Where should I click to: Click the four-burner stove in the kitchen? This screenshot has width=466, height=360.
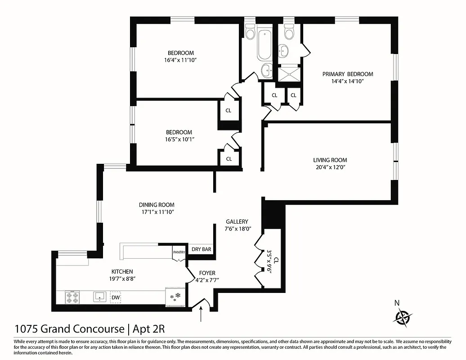[72, 297]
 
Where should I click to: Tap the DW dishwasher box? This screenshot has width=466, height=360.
[116, 297]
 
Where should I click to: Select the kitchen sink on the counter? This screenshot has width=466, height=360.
[99, 297]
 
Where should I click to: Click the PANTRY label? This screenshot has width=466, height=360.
[179, 252]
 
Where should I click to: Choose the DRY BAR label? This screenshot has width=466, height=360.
[201, 249]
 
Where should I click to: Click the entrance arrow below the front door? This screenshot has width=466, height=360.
[201, 314]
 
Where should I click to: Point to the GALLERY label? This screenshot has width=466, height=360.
[237, 221]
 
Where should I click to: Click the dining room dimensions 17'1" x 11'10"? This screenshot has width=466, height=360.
[156, 212]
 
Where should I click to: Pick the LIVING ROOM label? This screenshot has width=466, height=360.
[330, 160]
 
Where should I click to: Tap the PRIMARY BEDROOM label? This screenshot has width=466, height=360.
[347, 74]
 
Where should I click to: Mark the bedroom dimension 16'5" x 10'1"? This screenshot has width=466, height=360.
[179, 139]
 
